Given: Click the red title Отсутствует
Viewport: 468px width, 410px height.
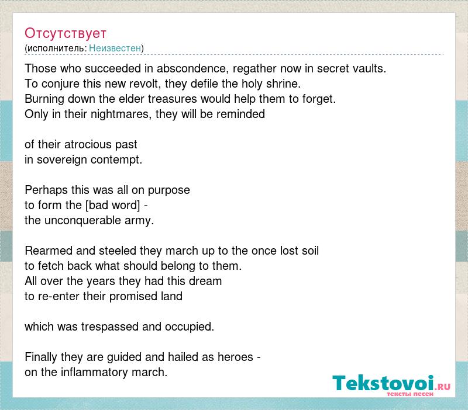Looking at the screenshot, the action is (66, 33).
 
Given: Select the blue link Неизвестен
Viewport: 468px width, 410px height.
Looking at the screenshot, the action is (115, 48).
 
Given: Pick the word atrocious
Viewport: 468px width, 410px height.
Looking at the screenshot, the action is (88, 144).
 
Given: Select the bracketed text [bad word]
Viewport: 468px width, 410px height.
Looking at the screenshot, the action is (113, 206).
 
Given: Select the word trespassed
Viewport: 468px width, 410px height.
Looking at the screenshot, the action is (110, 327).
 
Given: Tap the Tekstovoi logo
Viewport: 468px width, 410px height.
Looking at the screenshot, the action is (391, 385).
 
